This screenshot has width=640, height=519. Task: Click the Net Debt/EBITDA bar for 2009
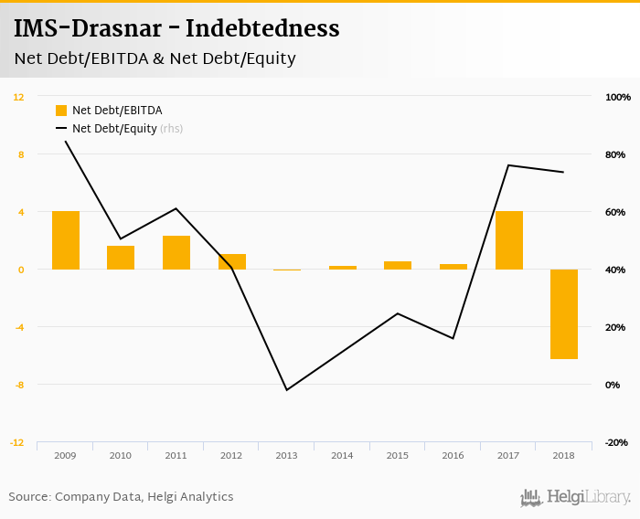(66, 240)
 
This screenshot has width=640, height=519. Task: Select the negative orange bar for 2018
(564, 314)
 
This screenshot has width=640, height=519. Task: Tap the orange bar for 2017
(509, 240)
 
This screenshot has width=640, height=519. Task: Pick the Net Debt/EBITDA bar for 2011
(176, 253)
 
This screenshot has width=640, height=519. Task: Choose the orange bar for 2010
(121, 258)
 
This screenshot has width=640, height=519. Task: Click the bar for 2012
(232, 262)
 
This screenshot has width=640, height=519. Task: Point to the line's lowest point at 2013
(287, 390)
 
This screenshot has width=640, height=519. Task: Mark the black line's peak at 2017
(509, 165)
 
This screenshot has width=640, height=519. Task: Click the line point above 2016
(453, 338)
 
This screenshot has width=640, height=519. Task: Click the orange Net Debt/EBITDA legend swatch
(61, 111)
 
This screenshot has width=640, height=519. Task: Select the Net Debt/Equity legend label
(114, 129)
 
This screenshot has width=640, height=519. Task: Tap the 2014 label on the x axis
(343, 455)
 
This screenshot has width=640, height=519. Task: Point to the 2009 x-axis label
(66, 455)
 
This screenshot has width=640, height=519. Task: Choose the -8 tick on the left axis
(19, 385)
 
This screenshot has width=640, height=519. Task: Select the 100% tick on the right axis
(618, 97)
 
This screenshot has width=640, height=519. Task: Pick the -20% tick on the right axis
(617, 442)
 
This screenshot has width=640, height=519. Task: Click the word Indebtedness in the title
(263, 29)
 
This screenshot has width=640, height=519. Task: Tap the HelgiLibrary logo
(576, 497)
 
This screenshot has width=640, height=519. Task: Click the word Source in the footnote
(28, 497)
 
